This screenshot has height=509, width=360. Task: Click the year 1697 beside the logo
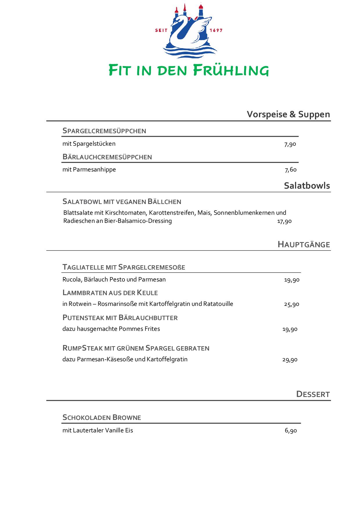point(216,30)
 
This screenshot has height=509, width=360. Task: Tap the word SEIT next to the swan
point(161,30)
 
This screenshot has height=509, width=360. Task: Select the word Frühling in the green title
point(231,71)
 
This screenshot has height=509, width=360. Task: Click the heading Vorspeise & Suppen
point(288,114)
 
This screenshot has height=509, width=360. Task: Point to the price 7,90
point(290,144)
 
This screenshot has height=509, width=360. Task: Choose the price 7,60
point(291,170)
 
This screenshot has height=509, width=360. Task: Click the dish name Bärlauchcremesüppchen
point(107,157)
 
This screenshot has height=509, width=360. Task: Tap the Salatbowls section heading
point(307,186)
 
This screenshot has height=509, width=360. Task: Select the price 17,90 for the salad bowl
point(284,221)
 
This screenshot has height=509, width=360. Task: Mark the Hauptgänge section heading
point(304,244)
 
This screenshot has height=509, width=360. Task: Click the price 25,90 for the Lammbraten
point(291,304)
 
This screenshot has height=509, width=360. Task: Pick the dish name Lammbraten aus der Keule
point(110,293)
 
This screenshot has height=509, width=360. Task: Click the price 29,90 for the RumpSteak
point(290,360)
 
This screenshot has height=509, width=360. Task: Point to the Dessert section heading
point(313,394)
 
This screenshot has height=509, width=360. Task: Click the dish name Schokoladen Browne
point(102,418)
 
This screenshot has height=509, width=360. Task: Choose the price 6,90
point(291,431)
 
